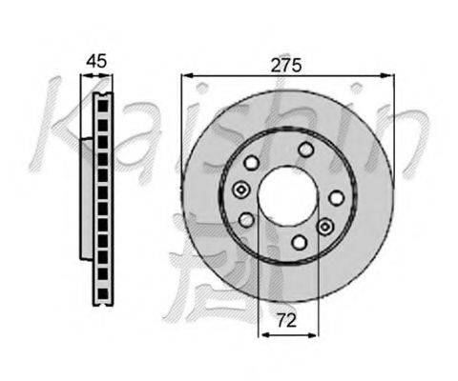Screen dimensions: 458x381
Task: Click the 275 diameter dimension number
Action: coord(285,66)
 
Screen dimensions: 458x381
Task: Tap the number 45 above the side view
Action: coord(97,61)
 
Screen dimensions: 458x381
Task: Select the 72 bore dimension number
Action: coord(286,320)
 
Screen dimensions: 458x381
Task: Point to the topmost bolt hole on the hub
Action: coord(305,150)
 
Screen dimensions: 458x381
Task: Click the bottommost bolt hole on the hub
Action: coord(300,243)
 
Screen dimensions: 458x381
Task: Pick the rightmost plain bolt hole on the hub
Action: coord(336,198)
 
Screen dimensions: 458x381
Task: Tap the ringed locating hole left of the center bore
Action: coord(241,190)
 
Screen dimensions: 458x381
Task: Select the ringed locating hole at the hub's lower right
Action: coord(324,227)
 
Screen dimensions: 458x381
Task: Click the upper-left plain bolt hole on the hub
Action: coord(252,163)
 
